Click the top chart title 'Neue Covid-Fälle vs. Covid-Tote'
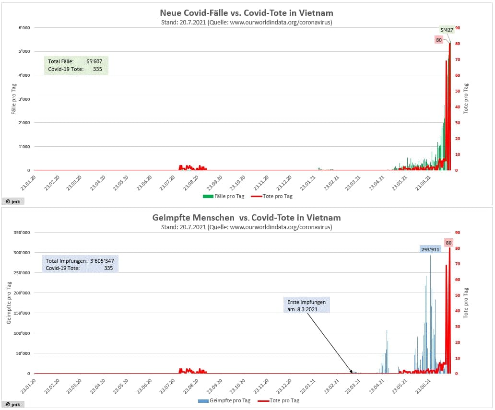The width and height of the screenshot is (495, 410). point(247,13)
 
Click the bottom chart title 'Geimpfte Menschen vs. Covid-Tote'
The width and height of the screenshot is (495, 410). point(247,218)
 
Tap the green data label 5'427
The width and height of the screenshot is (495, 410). point(447,30)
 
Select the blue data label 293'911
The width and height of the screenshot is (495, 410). point(430,249)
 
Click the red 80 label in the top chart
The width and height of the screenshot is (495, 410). point(439,40)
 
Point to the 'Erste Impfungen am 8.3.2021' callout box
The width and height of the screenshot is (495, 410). point(306,305)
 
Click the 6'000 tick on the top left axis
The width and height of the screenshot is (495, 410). point(24,28)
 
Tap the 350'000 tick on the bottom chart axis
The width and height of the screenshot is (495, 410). point(22,233)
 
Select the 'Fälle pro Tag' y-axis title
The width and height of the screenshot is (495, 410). point(14,99)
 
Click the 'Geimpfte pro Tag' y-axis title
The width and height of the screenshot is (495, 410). point(9,303)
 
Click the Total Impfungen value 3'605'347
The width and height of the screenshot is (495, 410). point(101,260)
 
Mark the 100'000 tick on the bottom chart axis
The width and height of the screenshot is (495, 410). point(22,333)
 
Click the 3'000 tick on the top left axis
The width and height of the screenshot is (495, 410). point(24,99)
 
